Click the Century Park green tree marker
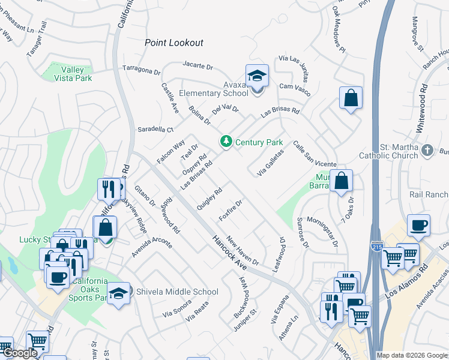point(226,142)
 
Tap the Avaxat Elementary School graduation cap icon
point(257,76)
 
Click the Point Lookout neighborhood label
point(174,43)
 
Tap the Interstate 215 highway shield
point(374,247)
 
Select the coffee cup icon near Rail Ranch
point(418,226)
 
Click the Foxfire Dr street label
point(231,211)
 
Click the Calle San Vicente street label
point(315,154)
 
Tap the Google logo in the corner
point(19,353)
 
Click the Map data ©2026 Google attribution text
point(411,355)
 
